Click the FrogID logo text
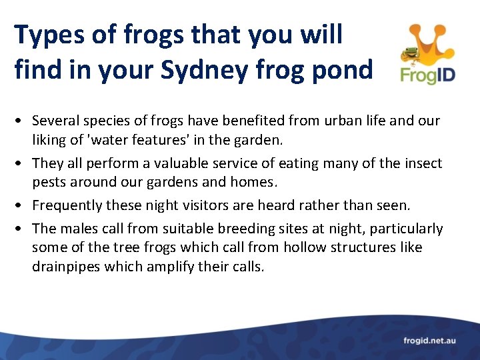(x=428, y=74)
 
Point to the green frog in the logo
(x=411, y=53)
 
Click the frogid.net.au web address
(x=429, y=341)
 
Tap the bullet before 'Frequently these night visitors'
(x=21, y=205)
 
